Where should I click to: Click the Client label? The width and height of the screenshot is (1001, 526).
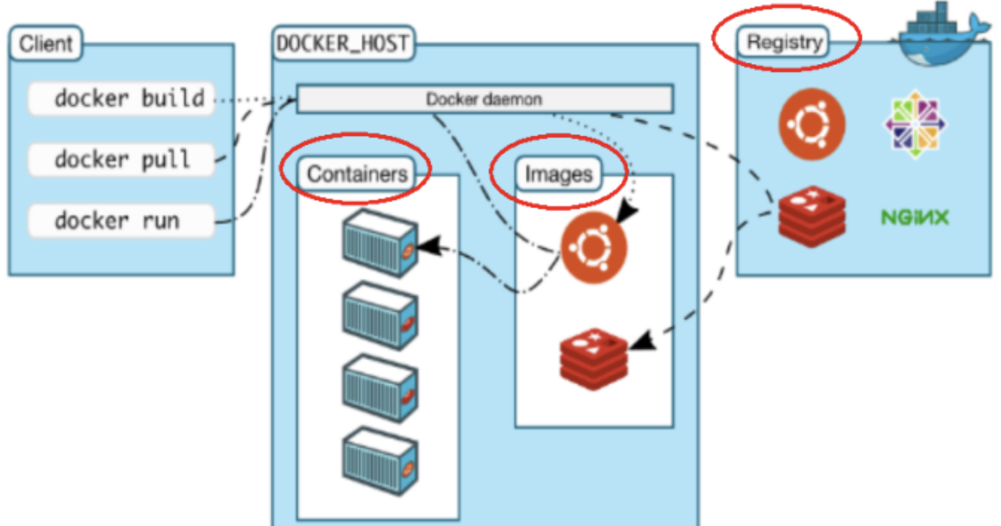click(x=46, y=43)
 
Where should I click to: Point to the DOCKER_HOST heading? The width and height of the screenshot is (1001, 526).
click(x=343, y=43)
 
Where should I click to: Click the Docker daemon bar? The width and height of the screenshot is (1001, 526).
click(x=484, y=99)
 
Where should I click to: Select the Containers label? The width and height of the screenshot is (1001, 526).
click(x=356, y=174)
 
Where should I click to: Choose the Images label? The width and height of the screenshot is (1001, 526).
click(x=558, y=174)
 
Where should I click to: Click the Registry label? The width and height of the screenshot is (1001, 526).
click(x=785, y=42)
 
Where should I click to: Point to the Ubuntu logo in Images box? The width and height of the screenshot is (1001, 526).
click(x=593, y=248)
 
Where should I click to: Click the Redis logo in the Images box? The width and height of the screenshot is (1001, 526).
click(x=593, y=358)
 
